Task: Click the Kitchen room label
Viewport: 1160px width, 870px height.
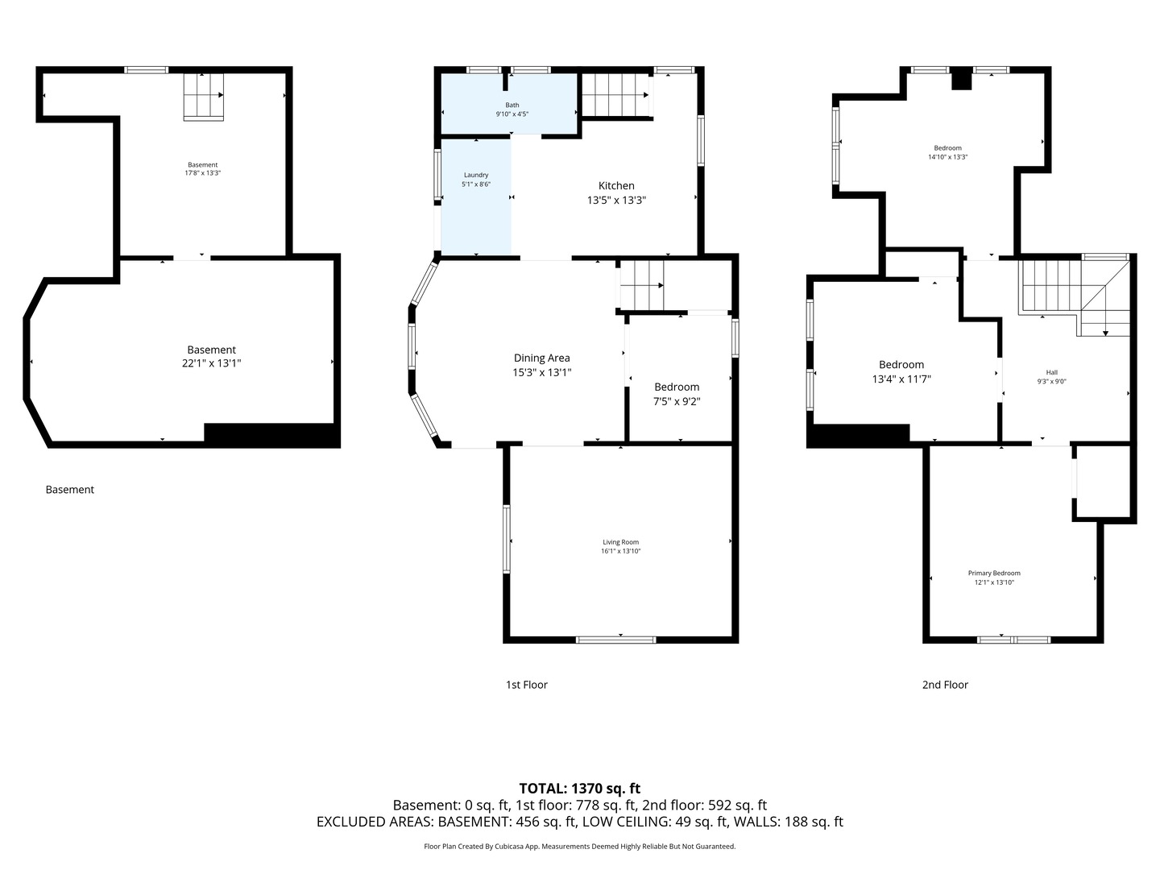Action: pyautogui.click(x=616, y=185)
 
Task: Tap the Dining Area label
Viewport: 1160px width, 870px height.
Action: pyautogui.click(x=541, y=358)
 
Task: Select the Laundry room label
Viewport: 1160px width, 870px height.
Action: pyautogui.click(x=476, y=175)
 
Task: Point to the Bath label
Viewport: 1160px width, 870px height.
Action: pyautogui.click(x=512, y=105)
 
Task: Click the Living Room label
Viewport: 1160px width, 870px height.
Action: pyautogui.click(x=620, y=542)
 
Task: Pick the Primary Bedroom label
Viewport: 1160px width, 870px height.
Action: pyautogui.click(x=994, y=573)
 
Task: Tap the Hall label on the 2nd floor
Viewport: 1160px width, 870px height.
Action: pyautogui.click(x=1052, y=372)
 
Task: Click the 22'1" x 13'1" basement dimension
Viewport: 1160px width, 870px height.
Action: pyautogui.click(x=211, y=362)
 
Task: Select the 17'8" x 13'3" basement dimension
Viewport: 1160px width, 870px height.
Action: pyautogui.click(x=202, y=172)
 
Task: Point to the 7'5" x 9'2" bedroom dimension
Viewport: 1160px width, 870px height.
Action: pyautogui.click(x=677, y=401)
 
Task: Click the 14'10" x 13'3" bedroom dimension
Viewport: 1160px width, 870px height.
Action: pyautogui.click(x=947, y=157)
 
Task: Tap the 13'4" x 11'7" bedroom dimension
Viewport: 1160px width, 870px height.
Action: pyautogui.click(x=901, y=379)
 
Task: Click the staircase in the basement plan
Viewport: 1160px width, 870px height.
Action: pyautogui.click(x=204, y=97)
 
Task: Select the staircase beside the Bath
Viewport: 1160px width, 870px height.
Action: pyautogui.click(x=615, y=95)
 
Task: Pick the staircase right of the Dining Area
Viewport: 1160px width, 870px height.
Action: pyautogui.click(x=641, y=285)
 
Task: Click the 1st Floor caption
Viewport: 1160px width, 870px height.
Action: pyautogui.click(x=526, y=685)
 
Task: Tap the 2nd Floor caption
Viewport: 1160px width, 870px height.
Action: pyautogui.click(x=945, y=685)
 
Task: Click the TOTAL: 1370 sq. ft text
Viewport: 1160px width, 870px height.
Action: pyautogui.click(x=580, y=789)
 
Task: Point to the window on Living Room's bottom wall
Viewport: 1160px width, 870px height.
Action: pyautogui.click(x=615, y=640)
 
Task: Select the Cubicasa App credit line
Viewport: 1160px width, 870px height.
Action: pyautogui.click(x=580, y=846)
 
